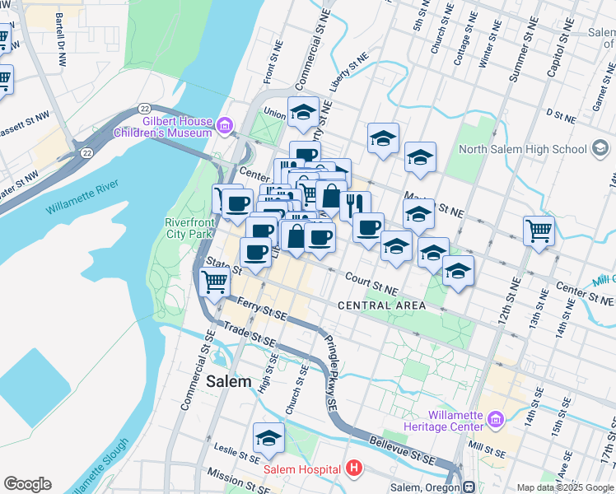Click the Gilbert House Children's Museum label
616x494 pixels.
(x=174, y=126)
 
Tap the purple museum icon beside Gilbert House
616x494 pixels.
(x=224, y=127)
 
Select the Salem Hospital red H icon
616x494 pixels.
(x=354, y=469)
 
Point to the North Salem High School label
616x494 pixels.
(x=523, y=149)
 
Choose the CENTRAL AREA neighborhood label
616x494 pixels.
(x=381, y=305)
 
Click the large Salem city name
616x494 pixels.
(x=228, y=381)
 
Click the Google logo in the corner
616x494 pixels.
(x=27, y=484)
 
